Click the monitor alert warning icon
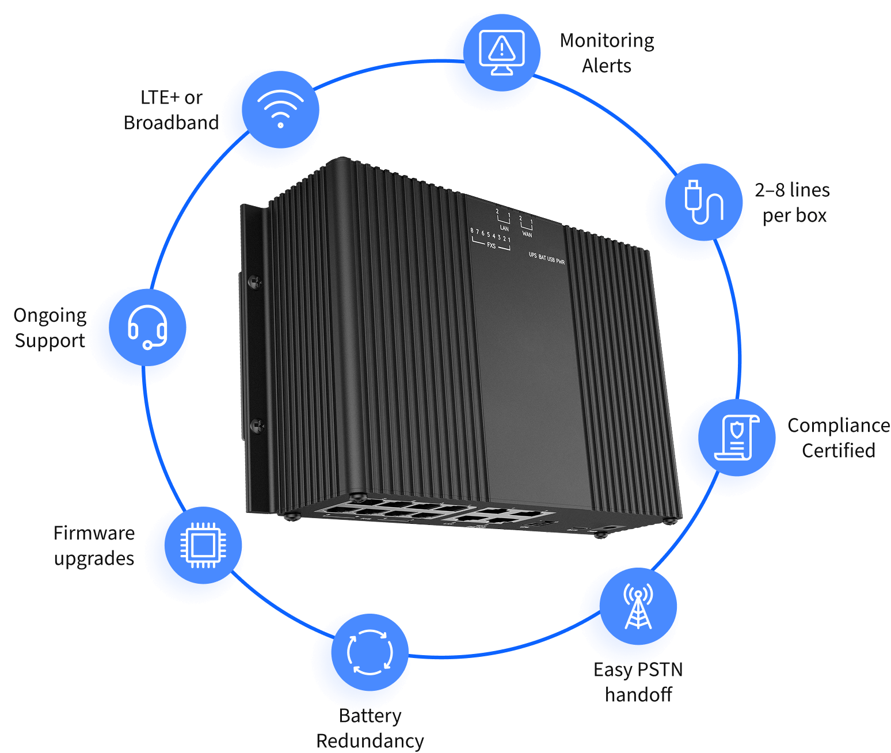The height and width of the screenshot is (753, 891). (x=501, y=52)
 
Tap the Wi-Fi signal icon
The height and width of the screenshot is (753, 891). (x=280, y=109)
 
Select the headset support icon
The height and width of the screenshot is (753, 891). (x=147, y=327)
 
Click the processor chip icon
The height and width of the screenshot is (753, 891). (x=203, y=545)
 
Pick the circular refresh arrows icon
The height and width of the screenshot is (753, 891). (x=370, y=652)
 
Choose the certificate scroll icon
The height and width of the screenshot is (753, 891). (x=737, y=438)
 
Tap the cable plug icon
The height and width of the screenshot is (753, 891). (x=703, y=201)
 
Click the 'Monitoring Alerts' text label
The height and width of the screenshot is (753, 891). (x=607, y=53)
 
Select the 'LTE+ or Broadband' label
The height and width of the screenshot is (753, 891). (x=172, y=110)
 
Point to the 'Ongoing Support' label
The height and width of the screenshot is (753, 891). (x=50, y=328)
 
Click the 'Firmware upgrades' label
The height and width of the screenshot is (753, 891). (x=94, y=545)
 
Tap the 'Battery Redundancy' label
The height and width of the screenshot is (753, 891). (x=370, y=728)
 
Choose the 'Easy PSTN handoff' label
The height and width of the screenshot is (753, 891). (x=638, y=682)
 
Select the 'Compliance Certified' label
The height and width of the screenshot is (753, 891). (x=838, y=438)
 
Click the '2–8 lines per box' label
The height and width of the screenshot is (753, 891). (x=793, y=202)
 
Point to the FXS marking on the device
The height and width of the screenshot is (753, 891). (x=491, y=246)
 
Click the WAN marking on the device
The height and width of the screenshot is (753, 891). (x=527, y=234)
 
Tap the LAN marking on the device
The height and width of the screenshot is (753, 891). (x=504, y=228)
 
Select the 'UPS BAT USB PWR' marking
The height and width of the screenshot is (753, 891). (x=547, y=258)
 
